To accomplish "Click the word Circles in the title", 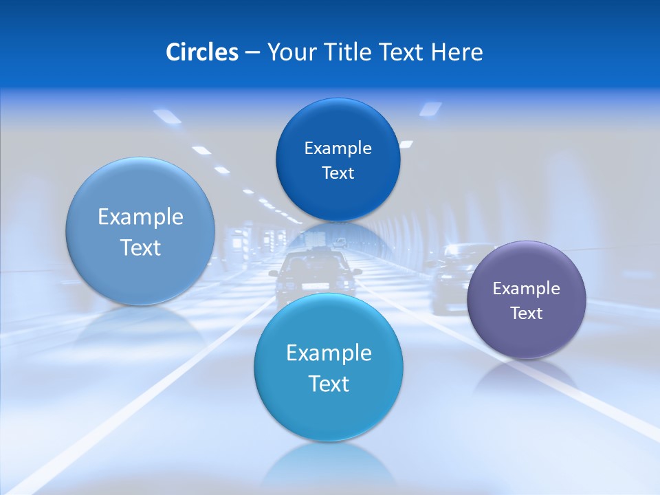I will (x=201, y=52).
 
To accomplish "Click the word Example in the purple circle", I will (x=526, y=289).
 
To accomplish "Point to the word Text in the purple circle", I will (x=526, y=313).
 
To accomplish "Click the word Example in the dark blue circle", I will (x=338, y=148).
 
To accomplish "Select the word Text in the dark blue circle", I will (x=338, y=173).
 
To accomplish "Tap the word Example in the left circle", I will (x=140, y=217).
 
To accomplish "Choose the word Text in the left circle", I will (x=140, y=247).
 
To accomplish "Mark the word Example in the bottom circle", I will (x=329, y=353).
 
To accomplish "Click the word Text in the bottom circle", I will (x=329, y=384).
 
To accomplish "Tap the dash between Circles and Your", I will (x=252, y=53).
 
